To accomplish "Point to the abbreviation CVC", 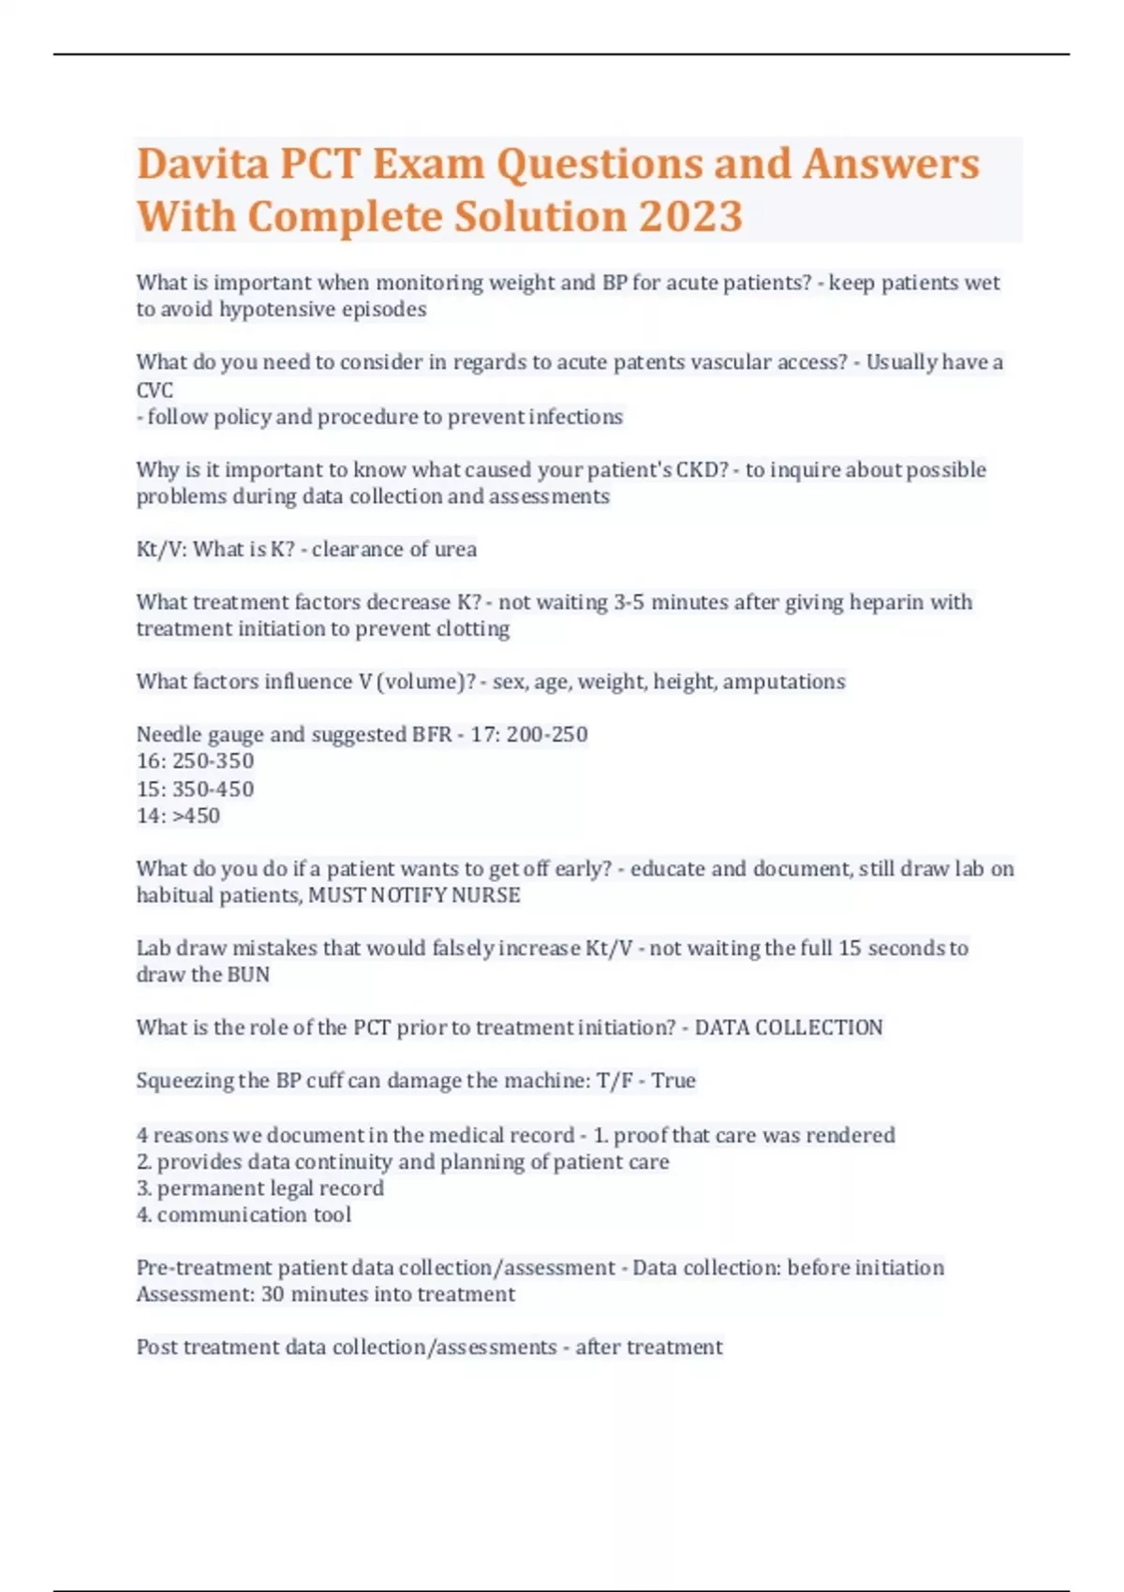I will pyautogui.click(x=155, y=390).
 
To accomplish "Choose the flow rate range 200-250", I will pyautogui.click(x=547, y=734).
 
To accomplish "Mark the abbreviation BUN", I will pyautogui.click(x=248, y=975).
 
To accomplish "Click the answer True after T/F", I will pyautogui.click(x=673, y=1081).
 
